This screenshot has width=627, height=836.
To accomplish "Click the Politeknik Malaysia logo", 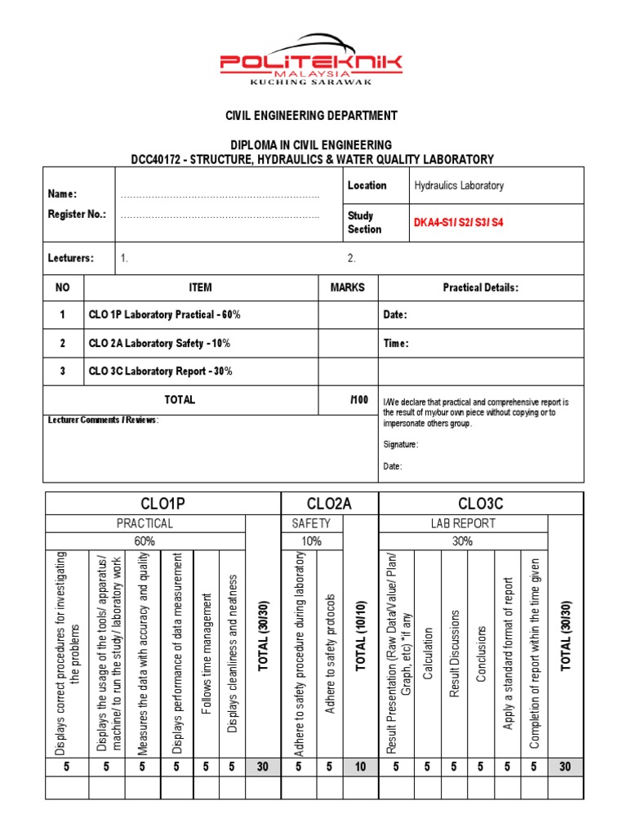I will [311, 60].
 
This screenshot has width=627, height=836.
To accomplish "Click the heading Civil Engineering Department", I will [311, 116].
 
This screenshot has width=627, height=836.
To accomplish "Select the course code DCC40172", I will [159, 159].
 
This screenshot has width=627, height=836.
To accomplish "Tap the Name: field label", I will [62, 194].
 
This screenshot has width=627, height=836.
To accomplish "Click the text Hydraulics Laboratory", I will [459, 185].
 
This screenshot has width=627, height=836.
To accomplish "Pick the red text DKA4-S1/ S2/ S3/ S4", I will [459, 222].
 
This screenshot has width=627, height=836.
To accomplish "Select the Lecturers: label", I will [71, 258].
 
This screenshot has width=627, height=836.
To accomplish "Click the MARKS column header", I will [348, 287].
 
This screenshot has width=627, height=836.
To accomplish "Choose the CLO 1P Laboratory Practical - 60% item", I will [164, 315].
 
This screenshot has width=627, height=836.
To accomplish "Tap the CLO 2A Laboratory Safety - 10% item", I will [159, 344].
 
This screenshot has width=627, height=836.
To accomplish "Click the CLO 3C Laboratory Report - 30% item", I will [160, 371].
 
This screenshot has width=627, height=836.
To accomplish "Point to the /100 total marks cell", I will [359, 400].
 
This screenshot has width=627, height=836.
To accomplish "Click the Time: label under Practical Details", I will [396, 344].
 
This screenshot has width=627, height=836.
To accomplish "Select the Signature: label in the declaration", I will [401, 445].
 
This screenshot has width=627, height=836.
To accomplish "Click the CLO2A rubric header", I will [329, 504].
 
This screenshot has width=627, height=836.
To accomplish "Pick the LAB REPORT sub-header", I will [463, 523].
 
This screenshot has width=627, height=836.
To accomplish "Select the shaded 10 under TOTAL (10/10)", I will [360, 767].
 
